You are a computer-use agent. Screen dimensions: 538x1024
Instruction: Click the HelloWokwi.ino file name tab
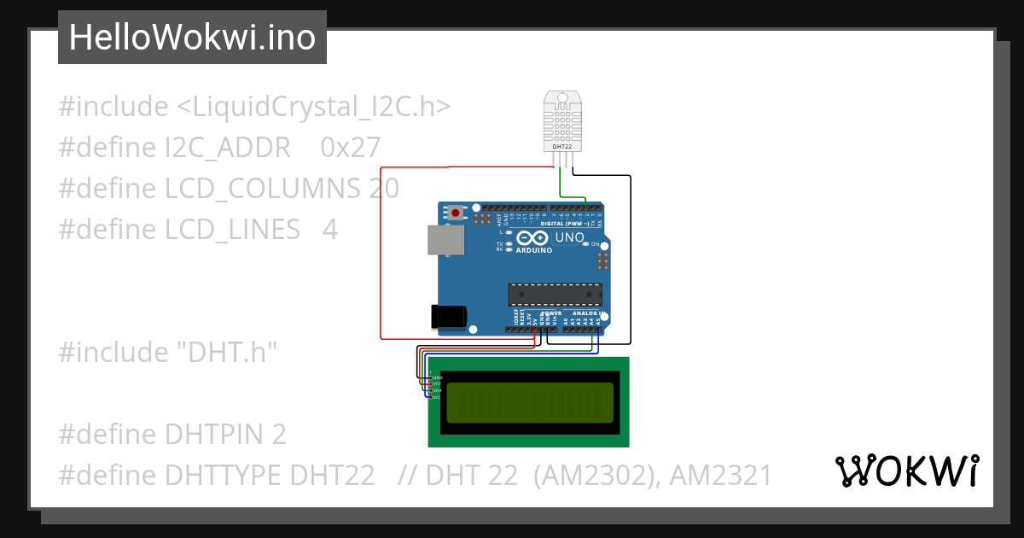(192, 38)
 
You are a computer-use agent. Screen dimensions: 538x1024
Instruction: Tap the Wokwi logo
(906, 471)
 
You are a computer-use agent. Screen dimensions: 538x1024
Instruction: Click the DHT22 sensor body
(562, 120)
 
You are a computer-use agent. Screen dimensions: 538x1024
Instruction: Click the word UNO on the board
(569, 238)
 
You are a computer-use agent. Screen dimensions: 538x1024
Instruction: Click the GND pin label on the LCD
(437, 377)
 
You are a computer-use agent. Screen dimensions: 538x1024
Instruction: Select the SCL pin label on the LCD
(437, 397)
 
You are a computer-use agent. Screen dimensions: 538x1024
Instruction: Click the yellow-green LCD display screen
(529, 402)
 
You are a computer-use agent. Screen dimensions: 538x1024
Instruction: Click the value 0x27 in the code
(350, 148)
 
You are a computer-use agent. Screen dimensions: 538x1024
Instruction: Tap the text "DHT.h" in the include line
(227, 352)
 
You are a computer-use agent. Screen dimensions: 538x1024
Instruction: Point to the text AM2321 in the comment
(720, 475)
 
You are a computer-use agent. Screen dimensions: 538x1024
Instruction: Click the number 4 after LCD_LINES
(329, 230)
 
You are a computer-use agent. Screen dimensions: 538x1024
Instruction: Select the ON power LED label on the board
(595, 244)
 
